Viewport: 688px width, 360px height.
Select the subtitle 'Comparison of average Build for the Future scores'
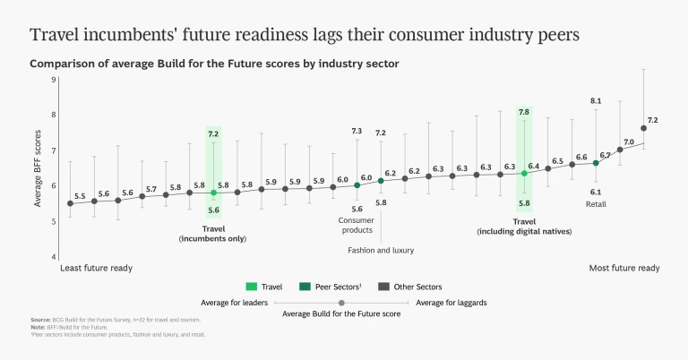214,64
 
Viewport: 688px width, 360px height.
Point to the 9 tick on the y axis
54,80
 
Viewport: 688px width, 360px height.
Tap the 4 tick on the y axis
54,257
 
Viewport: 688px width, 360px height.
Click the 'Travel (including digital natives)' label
524,226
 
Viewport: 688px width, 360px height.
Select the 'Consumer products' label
356,225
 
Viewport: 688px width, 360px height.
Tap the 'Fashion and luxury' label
381,250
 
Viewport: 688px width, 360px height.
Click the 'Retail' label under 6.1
596,204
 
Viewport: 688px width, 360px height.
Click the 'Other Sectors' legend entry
424,287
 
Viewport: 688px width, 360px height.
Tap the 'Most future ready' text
624,268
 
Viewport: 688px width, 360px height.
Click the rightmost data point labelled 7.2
643,128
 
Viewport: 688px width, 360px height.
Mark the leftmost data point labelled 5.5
70,203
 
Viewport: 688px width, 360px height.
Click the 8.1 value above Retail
596,101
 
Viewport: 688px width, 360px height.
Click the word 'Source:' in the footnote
40,320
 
